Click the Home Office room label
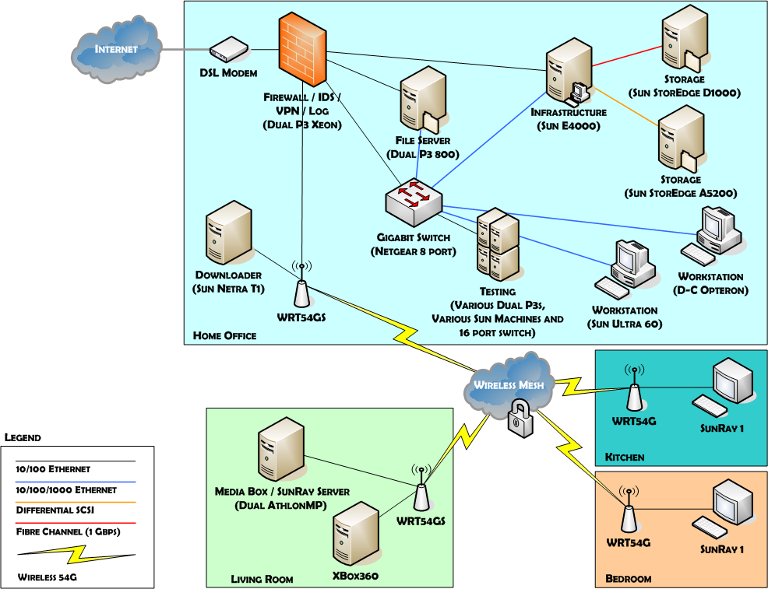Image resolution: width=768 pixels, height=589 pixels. click(x=225, y=336)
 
